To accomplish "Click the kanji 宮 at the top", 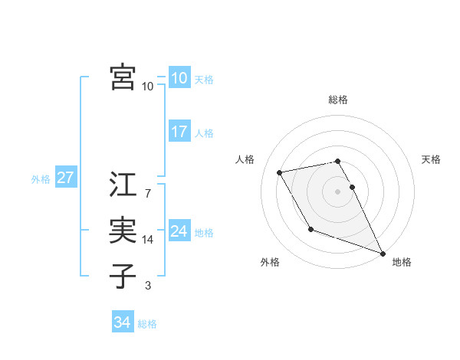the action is click(x=123, y=77).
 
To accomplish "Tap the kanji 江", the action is click(x=123, y=185).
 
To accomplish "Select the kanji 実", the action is click(x=123, y=231).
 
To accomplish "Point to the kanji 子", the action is click(x=123, y=277).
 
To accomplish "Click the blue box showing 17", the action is click(x=179, y=132).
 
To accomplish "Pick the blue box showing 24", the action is click(x=179, y=231).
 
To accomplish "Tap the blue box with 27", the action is click(x=66, y=178).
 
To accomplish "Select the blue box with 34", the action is click(x=123, y=322).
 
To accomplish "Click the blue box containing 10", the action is click(x=179, y=78).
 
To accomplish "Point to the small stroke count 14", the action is click(x=148, y=240).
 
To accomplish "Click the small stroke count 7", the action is click(x=147, y=194).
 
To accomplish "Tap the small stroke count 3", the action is click(x=147, y=286).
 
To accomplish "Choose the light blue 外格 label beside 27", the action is click(x=41, y=179).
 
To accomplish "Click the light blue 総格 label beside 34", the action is click(x=147, y=324).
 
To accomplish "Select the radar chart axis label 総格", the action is click(x=338, y=100).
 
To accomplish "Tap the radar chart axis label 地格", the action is click(x=402, y=262).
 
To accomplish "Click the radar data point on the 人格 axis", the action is click(x=280, y=172).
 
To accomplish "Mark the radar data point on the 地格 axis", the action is click(x=383, y=254).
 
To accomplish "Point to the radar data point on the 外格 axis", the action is click(x=310, y=229).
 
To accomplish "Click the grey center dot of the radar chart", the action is click(x=338, y=191).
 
